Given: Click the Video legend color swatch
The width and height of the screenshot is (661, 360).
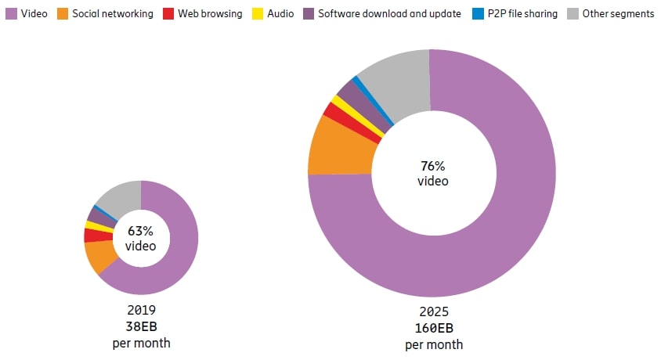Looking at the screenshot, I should (10, 14).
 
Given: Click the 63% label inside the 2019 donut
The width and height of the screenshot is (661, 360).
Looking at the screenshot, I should (141, 232).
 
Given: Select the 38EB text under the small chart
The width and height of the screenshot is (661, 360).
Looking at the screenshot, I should (141, 326).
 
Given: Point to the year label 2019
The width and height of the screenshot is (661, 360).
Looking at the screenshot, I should (141, 311).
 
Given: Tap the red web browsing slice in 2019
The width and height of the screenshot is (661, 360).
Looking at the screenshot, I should (98, 235).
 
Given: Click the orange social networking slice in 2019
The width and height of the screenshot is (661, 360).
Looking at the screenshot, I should (102, 255).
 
